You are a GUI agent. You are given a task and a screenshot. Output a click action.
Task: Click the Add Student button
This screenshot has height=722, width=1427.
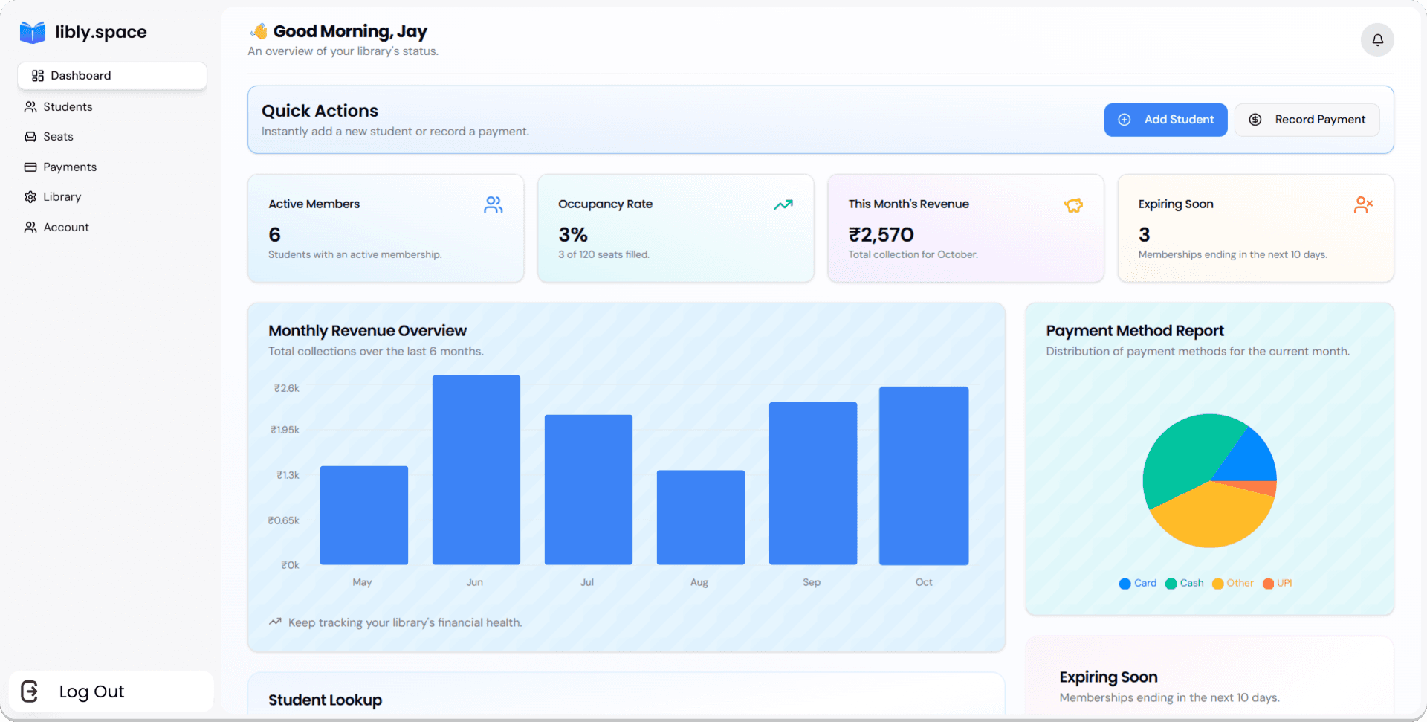1165,120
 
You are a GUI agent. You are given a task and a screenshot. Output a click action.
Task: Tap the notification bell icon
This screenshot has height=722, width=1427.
1376,40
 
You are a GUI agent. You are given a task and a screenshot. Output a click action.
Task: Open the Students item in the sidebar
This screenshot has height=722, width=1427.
67,107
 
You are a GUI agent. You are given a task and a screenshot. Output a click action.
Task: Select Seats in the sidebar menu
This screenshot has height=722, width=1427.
57,137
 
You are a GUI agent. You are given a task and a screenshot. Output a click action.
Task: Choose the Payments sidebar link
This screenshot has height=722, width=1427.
69,167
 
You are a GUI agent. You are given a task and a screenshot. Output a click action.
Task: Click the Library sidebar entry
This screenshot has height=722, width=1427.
62,197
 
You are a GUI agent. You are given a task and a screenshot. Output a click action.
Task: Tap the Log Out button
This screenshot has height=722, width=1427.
91,692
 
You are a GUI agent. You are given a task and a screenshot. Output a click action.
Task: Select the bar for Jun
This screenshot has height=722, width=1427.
476,470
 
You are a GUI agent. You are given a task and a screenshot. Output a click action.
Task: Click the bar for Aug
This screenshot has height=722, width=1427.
700,518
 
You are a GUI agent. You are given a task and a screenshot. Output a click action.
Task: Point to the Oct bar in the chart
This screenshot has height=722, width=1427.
923,476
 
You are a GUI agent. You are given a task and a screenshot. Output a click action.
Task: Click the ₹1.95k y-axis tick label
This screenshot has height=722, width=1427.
285,431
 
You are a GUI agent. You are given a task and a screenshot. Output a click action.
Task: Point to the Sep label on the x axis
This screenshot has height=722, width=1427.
811,582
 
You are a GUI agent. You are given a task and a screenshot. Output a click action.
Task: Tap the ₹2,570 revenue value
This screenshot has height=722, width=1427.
881,235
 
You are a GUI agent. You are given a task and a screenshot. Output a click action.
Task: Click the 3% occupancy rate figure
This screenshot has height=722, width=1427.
573,235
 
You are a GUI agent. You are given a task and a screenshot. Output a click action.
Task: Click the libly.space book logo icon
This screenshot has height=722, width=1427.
33,32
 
